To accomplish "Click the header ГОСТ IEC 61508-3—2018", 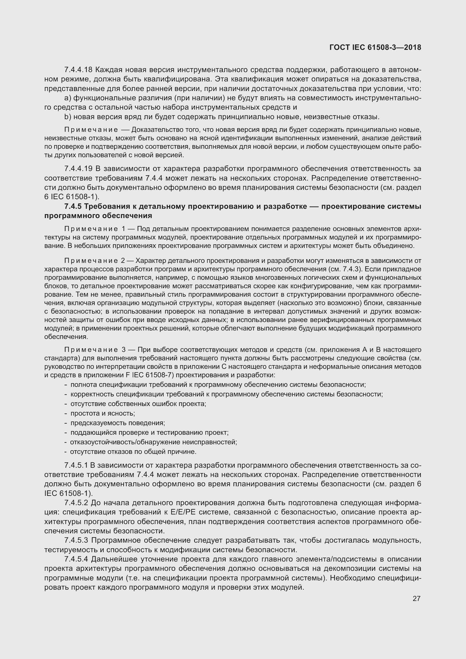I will point(375,47).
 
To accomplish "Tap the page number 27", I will point(416,598).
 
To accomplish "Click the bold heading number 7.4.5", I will point(73,206).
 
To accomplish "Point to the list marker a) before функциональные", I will point(68,98).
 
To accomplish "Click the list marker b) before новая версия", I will point(68,117).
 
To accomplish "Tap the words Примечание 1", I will point(95,229).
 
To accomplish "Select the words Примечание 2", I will point(95,261).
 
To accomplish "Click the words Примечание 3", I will point(95,350).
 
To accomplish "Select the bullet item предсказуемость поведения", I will point(118,423).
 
